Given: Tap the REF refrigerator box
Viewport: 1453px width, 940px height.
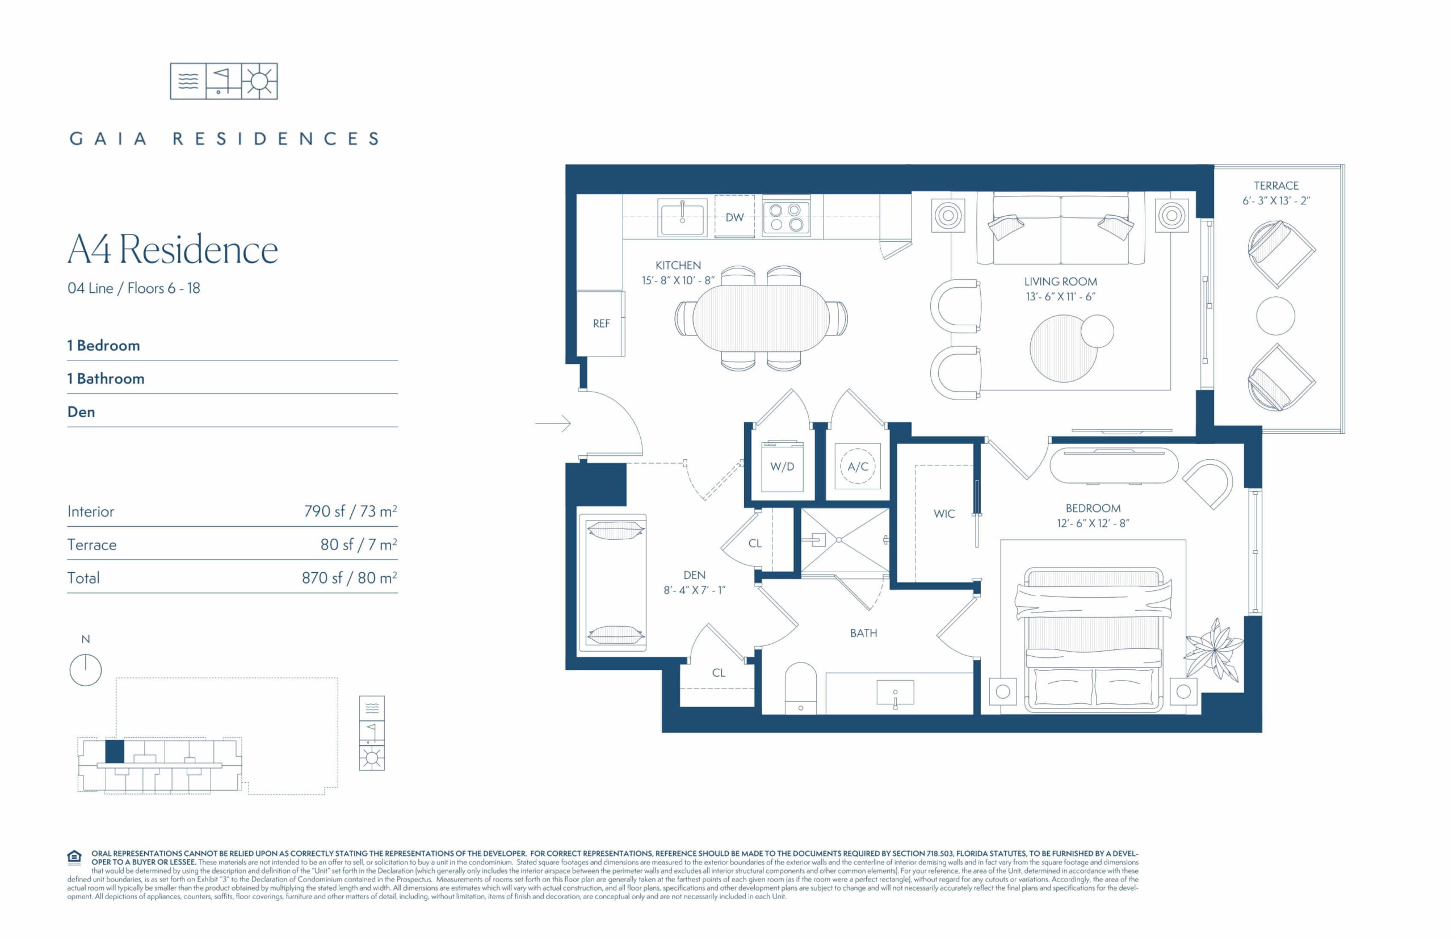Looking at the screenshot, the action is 600,324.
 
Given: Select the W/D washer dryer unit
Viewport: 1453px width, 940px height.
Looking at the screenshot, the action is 782,467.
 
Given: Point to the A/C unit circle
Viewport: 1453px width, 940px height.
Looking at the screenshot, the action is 858,467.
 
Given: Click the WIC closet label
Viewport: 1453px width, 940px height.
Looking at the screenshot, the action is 943,514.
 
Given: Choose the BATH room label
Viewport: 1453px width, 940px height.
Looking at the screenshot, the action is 863,633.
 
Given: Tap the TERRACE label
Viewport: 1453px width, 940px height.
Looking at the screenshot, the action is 1275,186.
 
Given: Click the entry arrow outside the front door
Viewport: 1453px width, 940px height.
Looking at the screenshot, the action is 553,423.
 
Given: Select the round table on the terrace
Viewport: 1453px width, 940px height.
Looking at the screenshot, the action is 1275,316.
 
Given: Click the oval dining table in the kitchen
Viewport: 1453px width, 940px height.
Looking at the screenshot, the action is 761,318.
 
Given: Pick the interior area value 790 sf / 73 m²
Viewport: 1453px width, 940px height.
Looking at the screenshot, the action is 350,511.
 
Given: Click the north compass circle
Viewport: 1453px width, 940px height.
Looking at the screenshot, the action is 86,670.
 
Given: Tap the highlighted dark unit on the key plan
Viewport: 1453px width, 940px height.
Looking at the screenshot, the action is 115,751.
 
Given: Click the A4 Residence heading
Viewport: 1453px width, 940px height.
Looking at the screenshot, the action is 173,249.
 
